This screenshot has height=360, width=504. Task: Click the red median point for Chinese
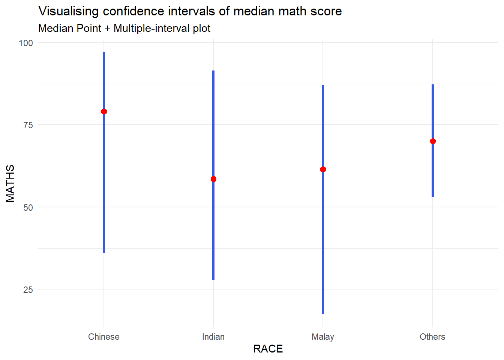click(x=104, y=111)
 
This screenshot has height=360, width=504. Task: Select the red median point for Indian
click(x=213, y=179)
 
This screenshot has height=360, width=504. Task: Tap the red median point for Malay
click(x=323, y=169)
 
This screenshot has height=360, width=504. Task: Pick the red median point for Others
click(x=433, y=141)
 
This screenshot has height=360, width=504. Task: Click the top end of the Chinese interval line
click(x=104, y=53)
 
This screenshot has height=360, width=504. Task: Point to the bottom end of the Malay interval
click(x=323, y=313)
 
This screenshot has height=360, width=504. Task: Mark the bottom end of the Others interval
click(x=433, y=196)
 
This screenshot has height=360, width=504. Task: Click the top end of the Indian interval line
click(x=213, y=71)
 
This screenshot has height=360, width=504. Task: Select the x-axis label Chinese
click(x=104, y=337)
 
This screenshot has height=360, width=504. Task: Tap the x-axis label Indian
click(x=213, y=337)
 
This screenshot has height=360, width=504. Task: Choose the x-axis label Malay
click(x=323, y=337)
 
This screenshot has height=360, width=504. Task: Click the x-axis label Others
click(x=432, y=337)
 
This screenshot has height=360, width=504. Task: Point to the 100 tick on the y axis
click(x=26, y=43)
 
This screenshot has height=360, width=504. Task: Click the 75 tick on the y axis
click(x=28, y=125)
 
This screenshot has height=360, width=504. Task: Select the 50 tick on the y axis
click(x=28, y=207)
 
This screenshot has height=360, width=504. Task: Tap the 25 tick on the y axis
click(x=28, y=289)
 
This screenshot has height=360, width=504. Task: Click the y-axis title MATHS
click(x=10, y=183)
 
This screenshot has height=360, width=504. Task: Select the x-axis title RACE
click(x=268, y=349)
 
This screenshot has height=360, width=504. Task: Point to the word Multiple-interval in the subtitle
click(x=151, y=28)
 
